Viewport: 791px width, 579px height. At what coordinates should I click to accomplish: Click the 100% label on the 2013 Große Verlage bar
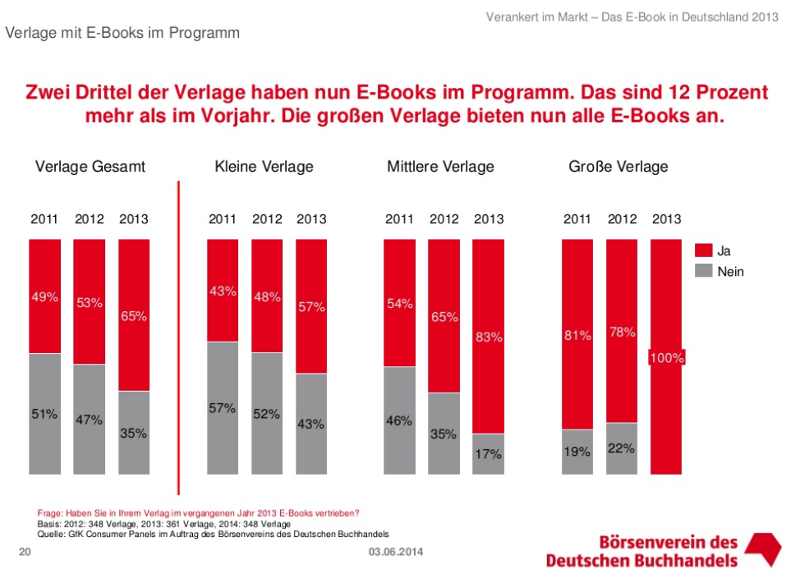click(x=667, y=358)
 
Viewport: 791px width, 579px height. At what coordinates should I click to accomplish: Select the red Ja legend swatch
click(x=703, y=251)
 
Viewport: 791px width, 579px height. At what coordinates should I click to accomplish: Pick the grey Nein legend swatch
click(x=703, y=271)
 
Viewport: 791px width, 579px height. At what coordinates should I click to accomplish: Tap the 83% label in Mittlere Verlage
click(x=489, y=337)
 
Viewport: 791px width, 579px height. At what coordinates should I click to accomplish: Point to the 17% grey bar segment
click(x=489, y=453)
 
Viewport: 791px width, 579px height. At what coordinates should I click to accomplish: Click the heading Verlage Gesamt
click(x=90, y=167)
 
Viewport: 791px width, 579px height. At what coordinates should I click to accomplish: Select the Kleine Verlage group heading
click(x=264, y=167)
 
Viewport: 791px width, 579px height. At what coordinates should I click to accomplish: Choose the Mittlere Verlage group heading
click(x=440, y=167)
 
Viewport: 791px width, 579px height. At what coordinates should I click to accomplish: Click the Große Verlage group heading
click(x=618, y=167)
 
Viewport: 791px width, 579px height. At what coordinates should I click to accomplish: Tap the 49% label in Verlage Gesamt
click(x=45, y=297)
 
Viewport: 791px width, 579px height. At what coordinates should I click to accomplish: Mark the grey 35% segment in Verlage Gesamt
click(x=134, y=433)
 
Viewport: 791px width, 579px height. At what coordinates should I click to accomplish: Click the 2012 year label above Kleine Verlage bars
click(x=267, y=219)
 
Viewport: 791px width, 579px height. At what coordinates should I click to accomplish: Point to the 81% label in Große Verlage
click(x=577, y=335)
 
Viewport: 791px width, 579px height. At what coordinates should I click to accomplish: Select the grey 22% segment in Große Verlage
click(x=622, y=448)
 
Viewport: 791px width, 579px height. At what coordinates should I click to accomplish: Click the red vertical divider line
click(x=178, y=337)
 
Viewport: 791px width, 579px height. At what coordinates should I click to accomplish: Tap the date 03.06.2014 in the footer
click(x=396, y=551)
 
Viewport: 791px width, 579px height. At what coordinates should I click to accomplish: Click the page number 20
click(x=25, y=551)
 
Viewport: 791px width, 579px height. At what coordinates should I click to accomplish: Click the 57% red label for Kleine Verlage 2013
click(x=311, y=307)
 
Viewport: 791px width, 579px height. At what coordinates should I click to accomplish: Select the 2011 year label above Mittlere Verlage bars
click(x=399, y=219)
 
